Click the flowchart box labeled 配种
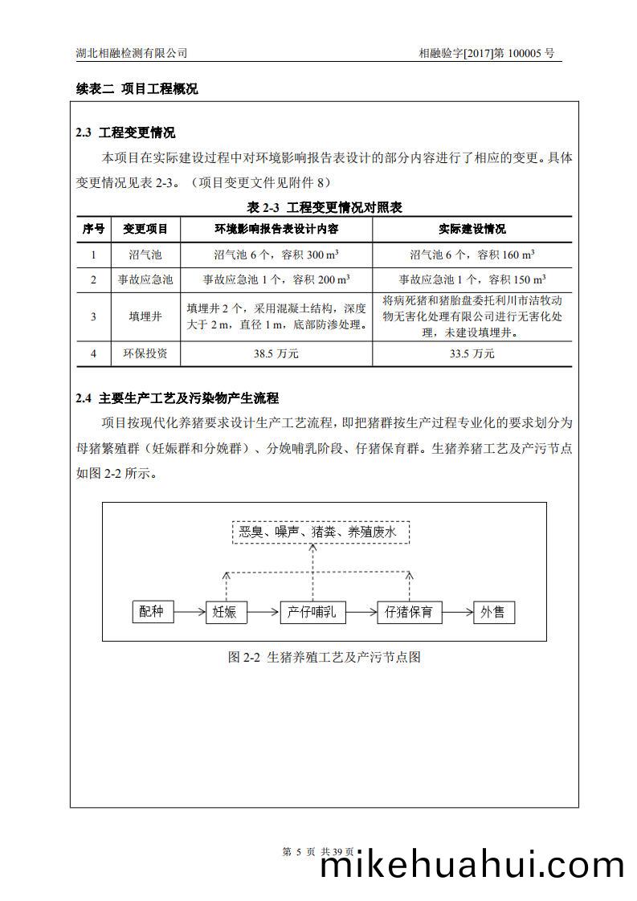[x=152, y=612]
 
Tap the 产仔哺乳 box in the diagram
[x=312, y=612]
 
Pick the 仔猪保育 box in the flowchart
[x=410, y=612]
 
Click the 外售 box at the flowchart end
[x=493, y=612]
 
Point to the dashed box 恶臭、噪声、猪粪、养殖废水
[x=321, y=532]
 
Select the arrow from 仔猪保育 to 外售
[x=457, y=613]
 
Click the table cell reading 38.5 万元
[x=276, y=353]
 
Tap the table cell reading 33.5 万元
[x=472, y=353]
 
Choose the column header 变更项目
[x=145, y=230]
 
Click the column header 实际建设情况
[x=472, y=230]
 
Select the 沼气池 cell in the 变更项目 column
[x=145, y=255]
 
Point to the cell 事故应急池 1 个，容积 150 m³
[x=472, y=279]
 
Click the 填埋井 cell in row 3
[x=145, y=316]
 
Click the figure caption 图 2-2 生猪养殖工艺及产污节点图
[x=325, y=657]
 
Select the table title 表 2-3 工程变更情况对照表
[x=325, y=207]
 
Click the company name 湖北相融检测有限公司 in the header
[x=131, y=53]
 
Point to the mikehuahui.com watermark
[x=472, y=866]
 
